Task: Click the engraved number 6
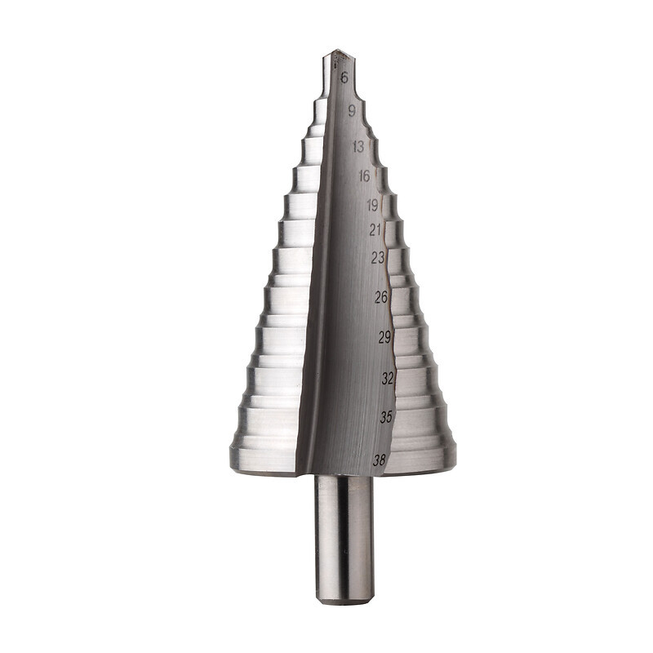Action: point(344,78)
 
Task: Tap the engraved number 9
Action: point(352,111)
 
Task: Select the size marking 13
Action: point(358,147)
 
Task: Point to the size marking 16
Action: point(364,176)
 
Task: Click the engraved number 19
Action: point(372,205)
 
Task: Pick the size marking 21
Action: point(375,229)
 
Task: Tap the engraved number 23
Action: point(378,258)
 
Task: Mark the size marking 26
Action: point(381,297)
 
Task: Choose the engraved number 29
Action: point(384,337)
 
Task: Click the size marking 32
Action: point(388,378)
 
